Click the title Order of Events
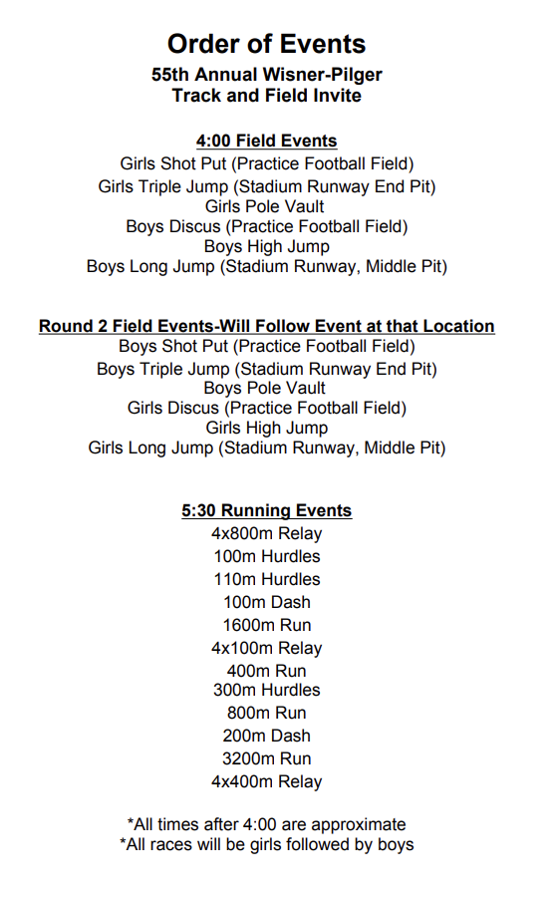[266, 44]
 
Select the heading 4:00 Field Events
[266, 141]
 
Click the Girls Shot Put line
[266, 163]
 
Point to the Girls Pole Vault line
[266, 206]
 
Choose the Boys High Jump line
[266, 246]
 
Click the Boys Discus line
[266, 226]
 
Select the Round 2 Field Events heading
[266, 326]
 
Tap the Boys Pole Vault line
[266, 388]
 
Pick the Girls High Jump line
[266, 428]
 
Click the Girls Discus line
[266, 408]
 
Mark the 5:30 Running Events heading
[266, 510]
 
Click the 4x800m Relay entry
[266, 533]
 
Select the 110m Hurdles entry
[266, 579]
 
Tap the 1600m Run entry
[266, 625]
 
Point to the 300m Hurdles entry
[266, 690]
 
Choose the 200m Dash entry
[266, 736]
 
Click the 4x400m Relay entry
[266, 781]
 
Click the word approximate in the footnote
[362, 824]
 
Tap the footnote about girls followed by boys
[266, 844]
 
